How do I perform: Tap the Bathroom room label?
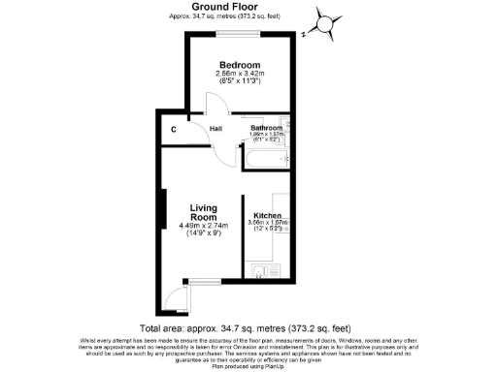pyautogui.click(x=266, y=128)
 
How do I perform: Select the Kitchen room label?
pyautogui.click(x=268, y=215)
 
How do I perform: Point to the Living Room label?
pyautogui.click(x=203, y=213)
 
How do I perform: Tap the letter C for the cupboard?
pyautogui.click(x=174, y=128)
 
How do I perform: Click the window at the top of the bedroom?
pyautogui.click(x=239, y=32)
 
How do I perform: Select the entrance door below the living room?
pyautogui.click(x=174, y=295)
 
